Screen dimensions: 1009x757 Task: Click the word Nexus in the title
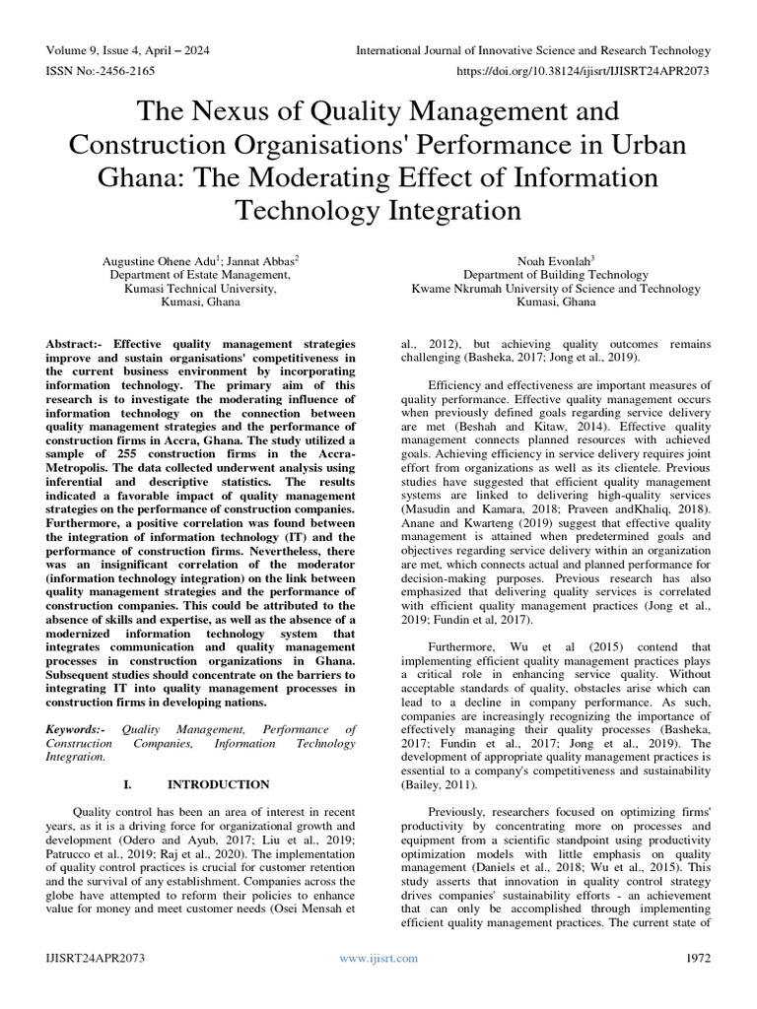[x=244, y=109]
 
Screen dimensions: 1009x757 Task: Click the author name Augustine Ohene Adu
[x=162, y=259]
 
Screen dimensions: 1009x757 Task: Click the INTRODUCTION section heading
[x=218, y=784]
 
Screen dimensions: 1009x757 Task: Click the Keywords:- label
[x=77, y=728]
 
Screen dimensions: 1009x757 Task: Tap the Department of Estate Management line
[x=201, y=275]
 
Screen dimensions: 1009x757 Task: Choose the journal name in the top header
[x=532, y=50]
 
